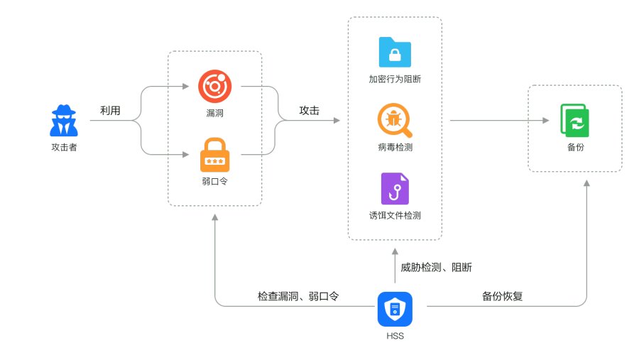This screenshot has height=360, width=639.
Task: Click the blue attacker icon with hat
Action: [64, 121]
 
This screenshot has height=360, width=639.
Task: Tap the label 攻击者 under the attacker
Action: [64, 147]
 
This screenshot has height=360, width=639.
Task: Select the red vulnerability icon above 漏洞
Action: [214, 87]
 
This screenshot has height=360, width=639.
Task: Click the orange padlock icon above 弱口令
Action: [214, 155]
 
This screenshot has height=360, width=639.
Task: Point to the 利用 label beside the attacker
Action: [110, 111]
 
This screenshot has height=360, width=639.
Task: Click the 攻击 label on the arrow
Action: [309, 111]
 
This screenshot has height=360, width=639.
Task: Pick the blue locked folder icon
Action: [395, 52]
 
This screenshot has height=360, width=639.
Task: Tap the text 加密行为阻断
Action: [395, 79]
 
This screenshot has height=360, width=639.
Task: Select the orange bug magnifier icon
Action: [395, 120]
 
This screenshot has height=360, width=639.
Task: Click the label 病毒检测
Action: [395, 147]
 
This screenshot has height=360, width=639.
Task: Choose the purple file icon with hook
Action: [395, 188]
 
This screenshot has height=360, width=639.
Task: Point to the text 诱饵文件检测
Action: [395, 215]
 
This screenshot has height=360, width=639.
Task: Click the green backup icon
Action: [574, 121]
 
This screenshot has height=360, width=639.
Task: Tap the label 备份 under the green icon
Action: [575, 147]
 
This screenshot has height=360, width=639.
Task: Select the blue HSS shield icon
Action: [395, 309]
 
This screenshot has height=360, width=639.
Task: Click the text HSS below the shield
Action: [395, 336]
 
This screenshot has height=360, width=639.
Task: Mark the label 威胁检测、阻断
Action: [436, 268]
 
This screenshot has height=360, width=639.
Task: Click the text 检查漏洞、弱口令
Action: [298, 296]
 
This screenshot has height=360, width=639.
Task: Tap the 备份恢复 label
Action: [502, 296]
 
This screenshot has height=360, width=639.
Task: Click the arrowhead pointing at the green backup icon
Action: [546, 120]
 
